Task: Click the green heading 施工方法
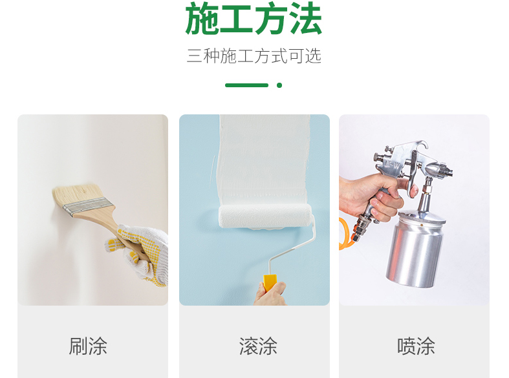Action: pyautogui.click(x=254, y=19)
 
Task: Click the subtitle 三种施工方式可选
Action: pyautogui.click(x=254, y=56)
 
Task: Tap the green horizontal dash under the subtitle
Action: pyautogui.click(x=246, y=85)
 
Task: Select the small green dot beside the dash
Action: pyautogui.click(x=279, y=85)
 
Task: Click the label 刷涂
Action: pyautogui.click(x=88, y=346)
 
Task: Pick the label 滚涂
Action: pyautogui.click(x=258, y=346)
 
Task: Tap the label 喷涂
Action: pyautogui.click(x=416, y=346)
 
